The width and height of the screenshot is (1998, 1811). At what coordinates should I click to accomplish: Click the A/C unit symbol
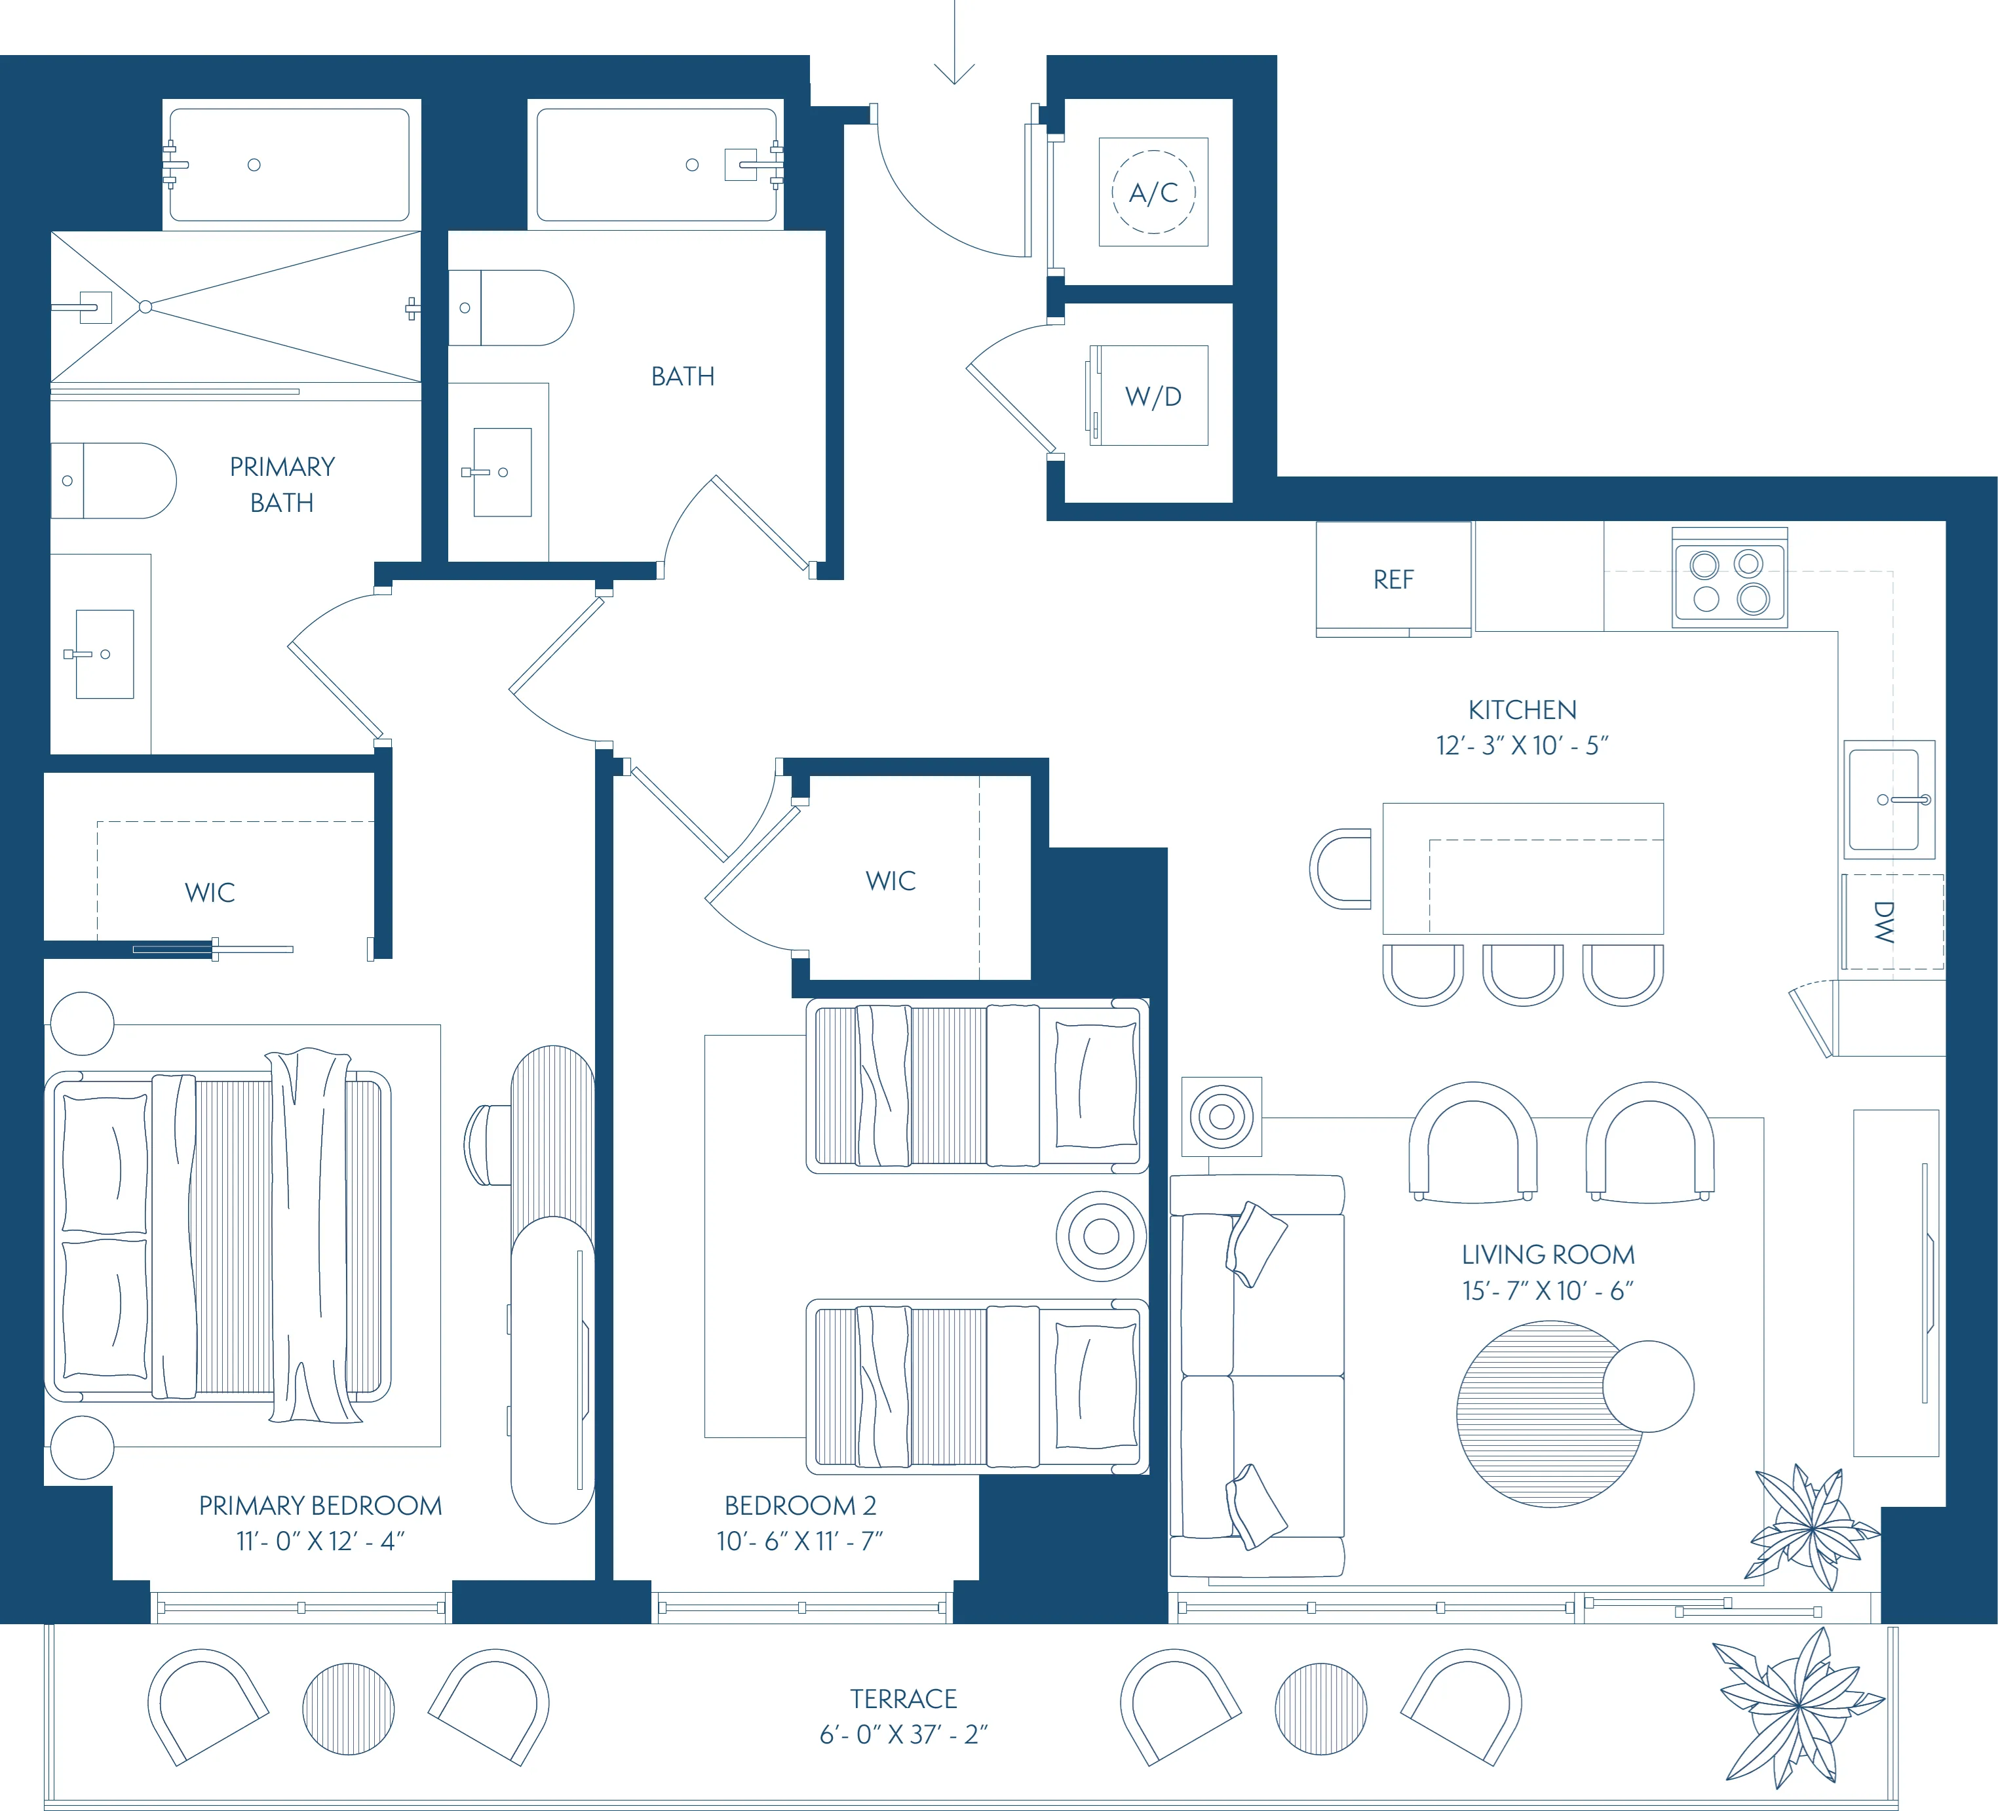click(x=1153, y=191)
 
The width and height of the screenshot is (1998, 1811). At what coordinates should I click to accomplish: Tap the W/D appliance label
click(x=1153, y=397)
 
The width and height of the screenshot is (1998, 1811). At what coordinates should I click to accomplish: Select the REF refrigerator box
click(x=1393, y=579)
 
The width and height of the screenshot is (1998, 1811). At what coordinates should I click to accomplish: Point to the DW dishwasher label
click(x=1884, y=922)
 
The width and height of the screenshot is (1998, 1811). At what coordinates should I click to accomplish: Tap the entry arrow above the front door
click(x=954, y=50)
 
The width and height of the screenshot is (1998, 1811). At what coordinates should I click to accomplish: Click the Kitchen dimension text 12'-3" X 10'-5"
click(x=1522, y=745)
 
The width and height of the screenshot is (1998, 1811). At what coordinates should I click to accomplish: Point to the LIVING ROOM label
click(x=1547, y=1254)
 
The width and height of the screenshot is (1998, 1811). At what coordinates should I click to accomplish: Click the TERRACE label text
click(x=903, y=1698)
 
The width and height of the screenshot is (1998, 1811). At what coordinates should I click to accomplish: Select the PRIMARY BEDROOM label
click(x=320, y=1505)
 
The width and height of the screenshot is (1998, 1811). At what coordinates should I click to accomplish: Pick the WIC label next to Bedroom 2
click(x=890, y=880)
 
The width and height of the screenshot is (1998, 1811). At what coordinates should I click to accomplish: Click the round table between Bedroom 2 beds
click(x=1101, y=1235)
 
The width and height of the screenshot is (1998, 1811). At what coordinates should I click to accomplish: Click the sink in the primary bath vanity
click(x=104, y=654)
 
